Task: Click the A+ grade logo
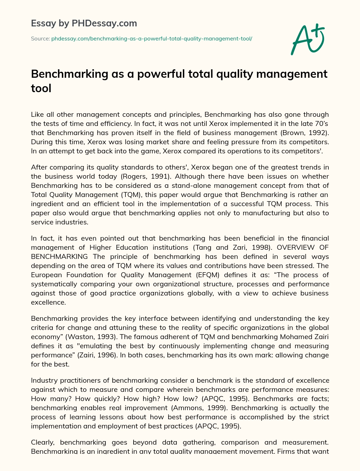(x=308, y=39)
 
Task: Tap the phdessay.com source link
(x=152, y=39)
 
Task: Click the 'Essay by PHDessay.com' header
(x=84, y=24)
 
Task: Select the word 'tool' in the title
(x=41, y=88)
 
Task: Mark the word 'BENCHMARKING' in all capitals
(x=59, y=256)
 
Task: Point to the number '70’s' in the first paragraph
(x=321, y=123)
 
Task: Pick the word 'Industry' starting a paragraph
(x=44, y=380)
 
